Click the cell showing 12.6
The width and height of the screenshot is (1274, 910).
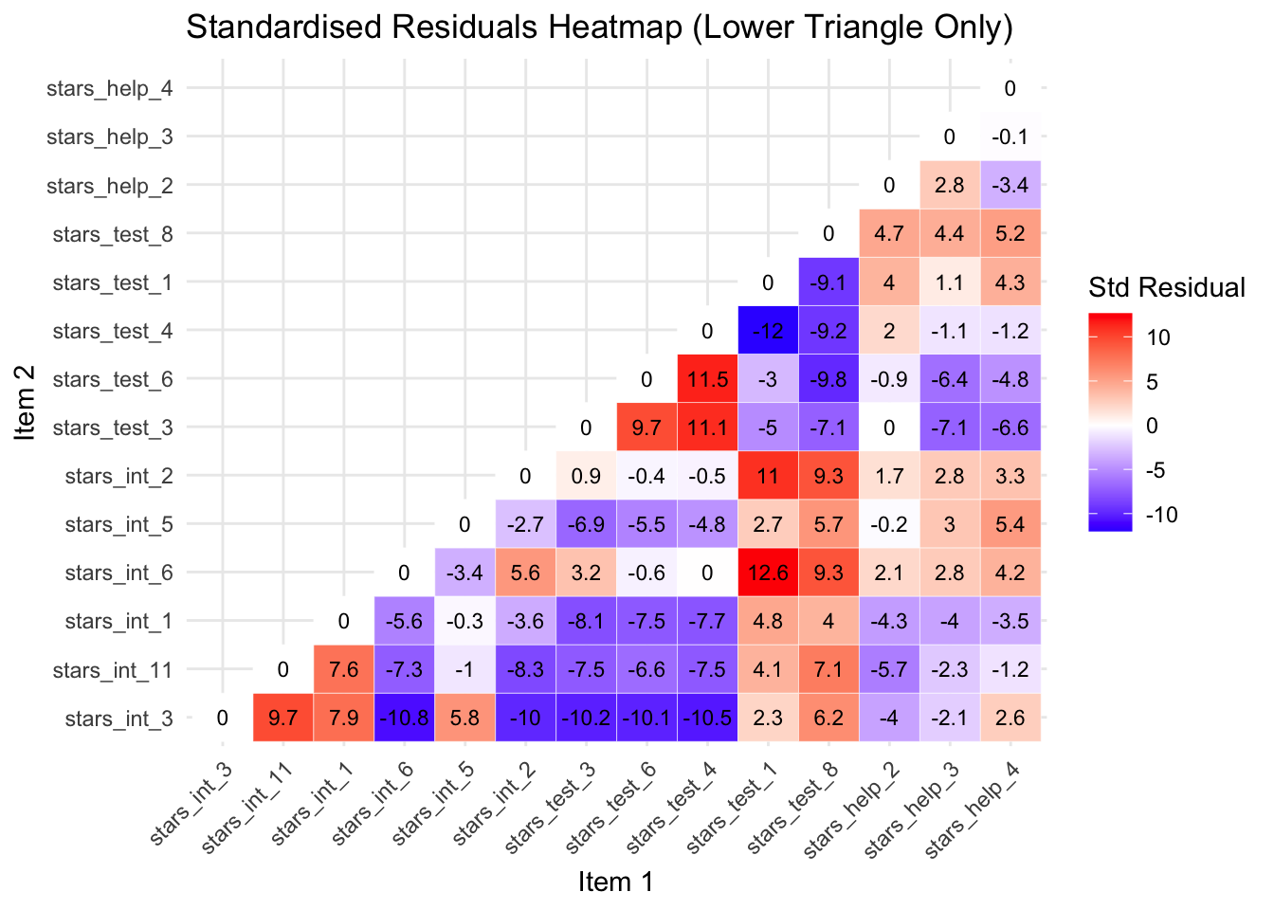768,573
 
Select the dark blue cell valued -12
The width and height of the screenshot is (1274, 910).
768,331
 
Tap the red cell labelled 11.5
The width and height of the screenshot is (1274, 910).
707,379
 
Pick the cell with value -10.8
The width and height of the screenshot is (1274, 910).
405,718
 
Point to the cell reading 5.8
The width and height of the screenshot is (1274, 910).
465,718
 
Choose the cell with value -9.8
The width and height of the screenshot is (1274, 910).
828,379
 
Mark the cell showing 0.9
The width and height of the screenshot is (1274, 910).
587,476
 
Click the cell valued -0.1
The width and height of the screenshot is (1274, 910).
1010,136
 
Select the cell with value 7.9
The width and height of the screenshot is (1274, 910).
344,718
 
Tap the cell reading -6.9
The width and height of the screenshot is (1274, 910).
587,524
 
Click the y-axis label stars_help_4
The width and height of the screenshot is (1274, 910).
110,89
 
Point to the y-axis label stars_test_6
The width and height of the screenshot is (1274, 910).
113,379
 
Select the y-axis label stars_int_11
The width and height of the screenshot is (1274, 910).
113,670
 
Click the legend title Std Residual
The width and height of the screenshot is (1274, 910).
1167,288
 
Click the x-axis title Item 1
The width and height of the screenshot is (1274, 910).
616,883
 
